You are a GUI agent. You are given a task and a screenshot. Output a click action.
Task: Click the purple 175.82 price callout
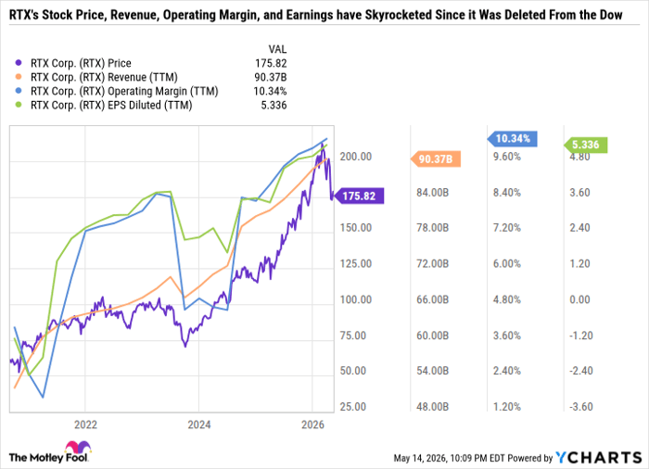point(360,196)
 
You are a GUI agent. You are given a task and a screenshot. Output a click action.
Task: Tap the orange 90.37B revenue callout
point(436,158)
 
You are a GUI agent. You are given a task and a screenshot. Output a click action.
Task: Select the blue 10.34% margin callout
point(513,139)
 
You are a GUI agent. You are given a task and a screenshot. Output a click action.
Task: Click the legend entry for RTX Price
point(73,63)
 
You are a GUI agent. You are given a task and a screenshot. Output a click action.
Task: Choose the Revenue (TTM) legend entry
point(96,78)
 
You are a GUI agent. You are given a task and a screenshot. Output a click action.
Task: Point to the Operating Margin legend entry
point(116,91)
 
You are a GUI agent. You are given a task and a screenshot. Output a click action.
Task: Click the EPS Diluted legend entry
point(104,105)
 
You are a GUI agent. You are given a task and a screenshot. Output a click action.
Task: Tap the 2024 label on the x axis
point(199,425)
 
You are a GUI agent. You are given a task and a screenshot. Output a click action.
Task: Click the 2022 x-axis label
point(85,425)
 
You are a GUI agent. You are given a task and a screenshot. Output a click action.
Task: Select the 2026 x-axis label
point(313,425)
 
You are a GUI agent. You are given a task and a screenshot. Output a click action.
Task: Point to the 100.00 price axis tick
point(356,299)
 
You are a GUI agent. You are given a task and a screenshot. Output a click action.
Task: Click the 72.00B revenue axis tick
point(433,263)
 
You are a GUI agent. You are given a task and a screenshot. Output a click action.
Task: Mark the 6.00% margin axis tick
point(507,263)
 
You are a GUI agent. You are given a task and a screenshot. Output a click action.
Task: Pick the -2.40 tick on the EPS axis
point(581,371)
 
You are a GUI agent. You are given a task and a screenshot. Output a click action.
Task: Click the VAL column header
point(277,49)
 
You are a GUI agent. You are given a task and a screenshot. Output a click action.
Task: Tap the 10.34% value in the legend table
point(271,91)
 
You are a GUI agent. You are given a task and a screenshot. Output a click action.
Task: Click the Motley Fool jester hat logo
point(78,448)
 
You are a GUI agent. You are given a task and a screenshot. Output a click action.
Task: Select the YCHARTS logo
point(599,457)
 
